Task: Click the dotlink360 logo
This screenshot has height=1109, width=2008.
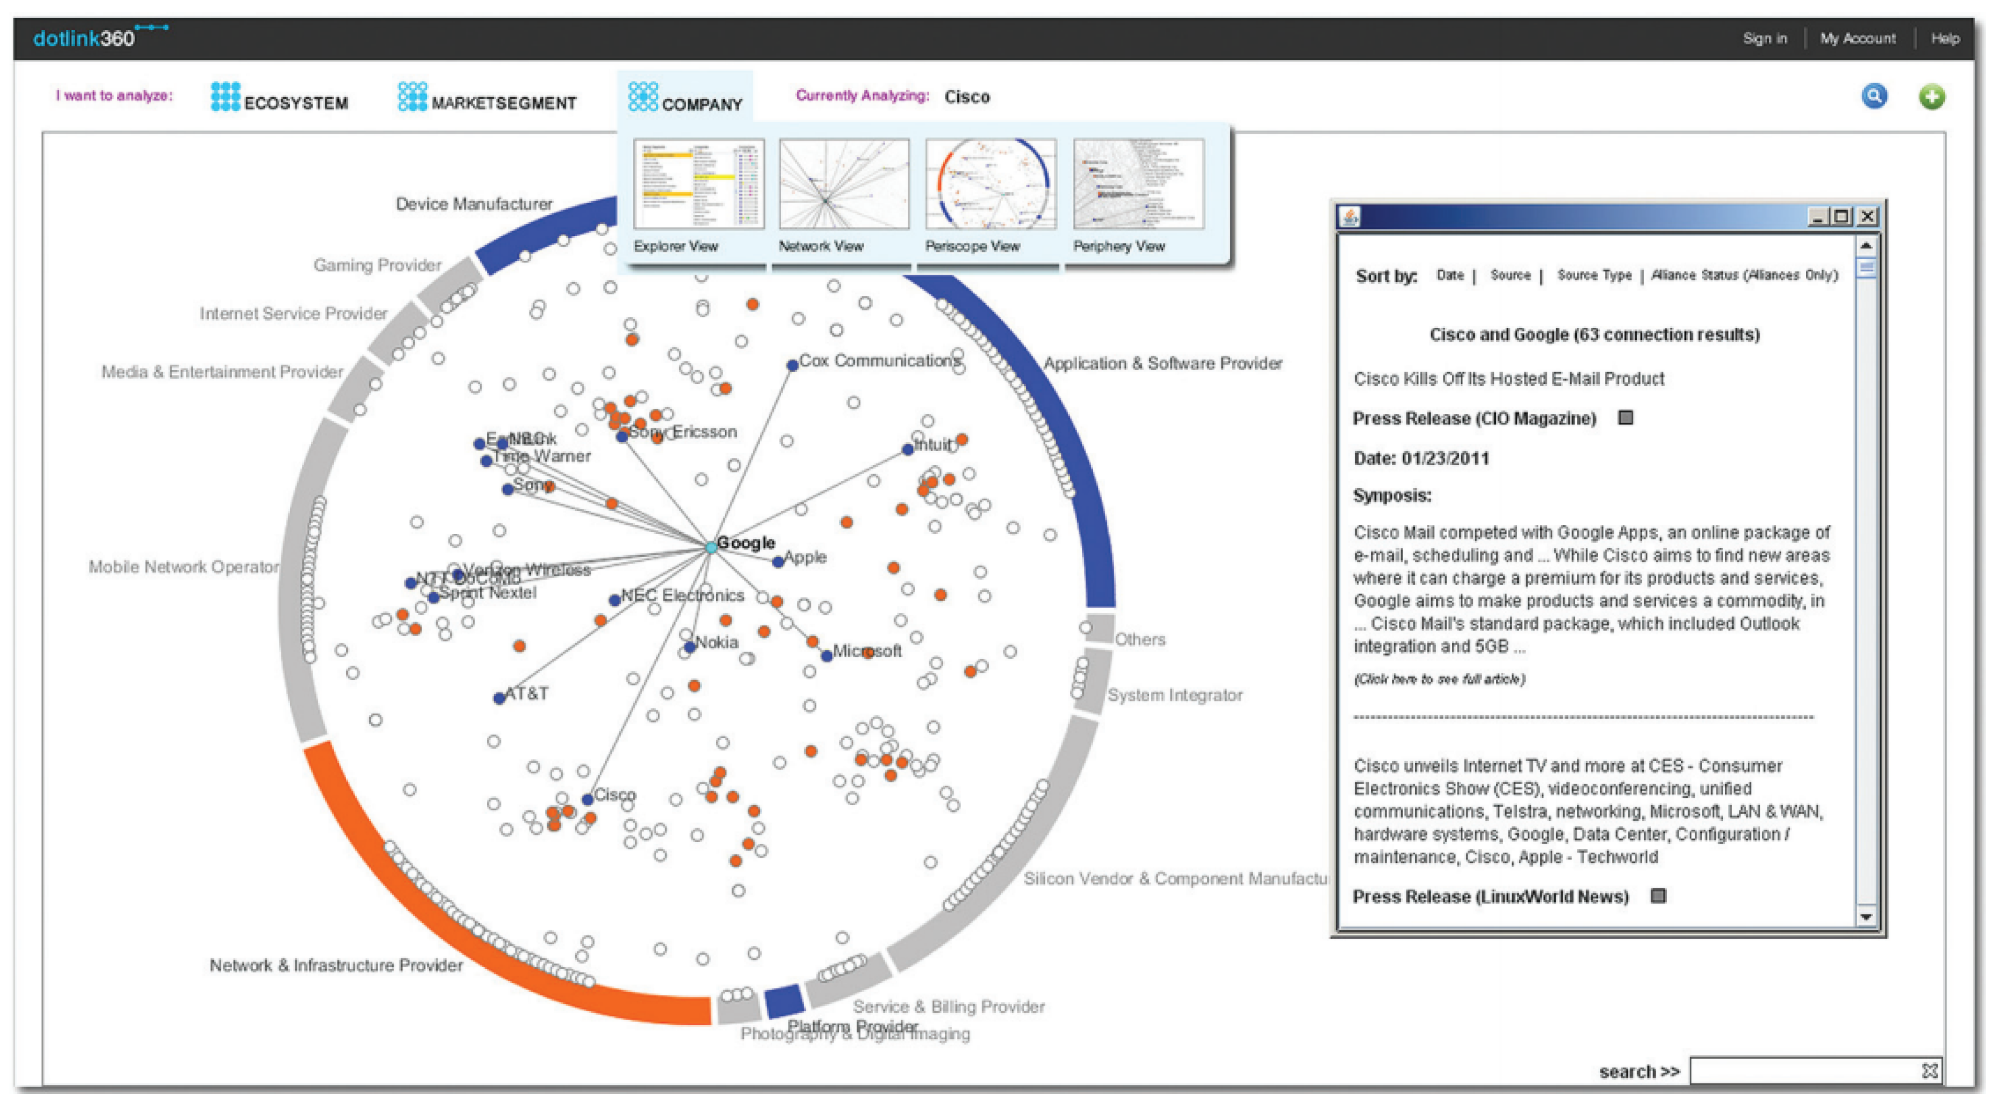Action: (x=85, y=37)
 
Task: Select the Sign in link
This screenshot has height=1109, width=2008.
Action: (x=1764, y=38)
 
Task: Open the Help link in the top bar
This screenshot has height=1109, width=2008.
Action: (x=1944, y=38)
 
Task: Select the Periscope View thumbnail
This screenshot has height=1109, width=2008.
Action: (x=990, y=185)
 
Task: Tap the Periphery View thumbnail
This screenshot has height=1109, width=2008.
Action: (x=1138, y=185)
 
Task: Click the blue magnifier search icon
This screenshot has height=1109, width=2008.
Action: (x=1874, y=97)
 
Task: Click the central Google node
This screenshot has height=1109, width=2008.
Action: (x=711, y=547)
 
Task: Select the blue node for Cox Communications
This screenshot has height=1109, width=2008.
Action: (x=792, y=365)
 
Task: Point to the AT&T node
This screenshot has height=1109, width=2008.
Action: (x=499, y=697)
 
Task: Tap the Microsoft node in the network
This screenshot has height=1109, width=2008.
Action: (x=826, y=656)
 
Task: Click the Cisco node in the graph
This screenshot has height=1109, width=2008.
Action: (x=588, y=800)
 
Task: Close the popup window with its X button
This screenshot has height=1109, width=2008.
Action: (x=1867, y=217)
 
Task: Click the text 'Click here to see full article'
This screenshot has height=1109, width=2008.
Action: (x=1439, y=679)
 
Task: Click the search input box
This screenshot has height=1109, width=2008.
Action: (x=1805, y=1071)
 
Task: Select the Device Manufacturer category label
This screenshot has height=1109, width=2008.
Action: (x=474, y=204)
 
